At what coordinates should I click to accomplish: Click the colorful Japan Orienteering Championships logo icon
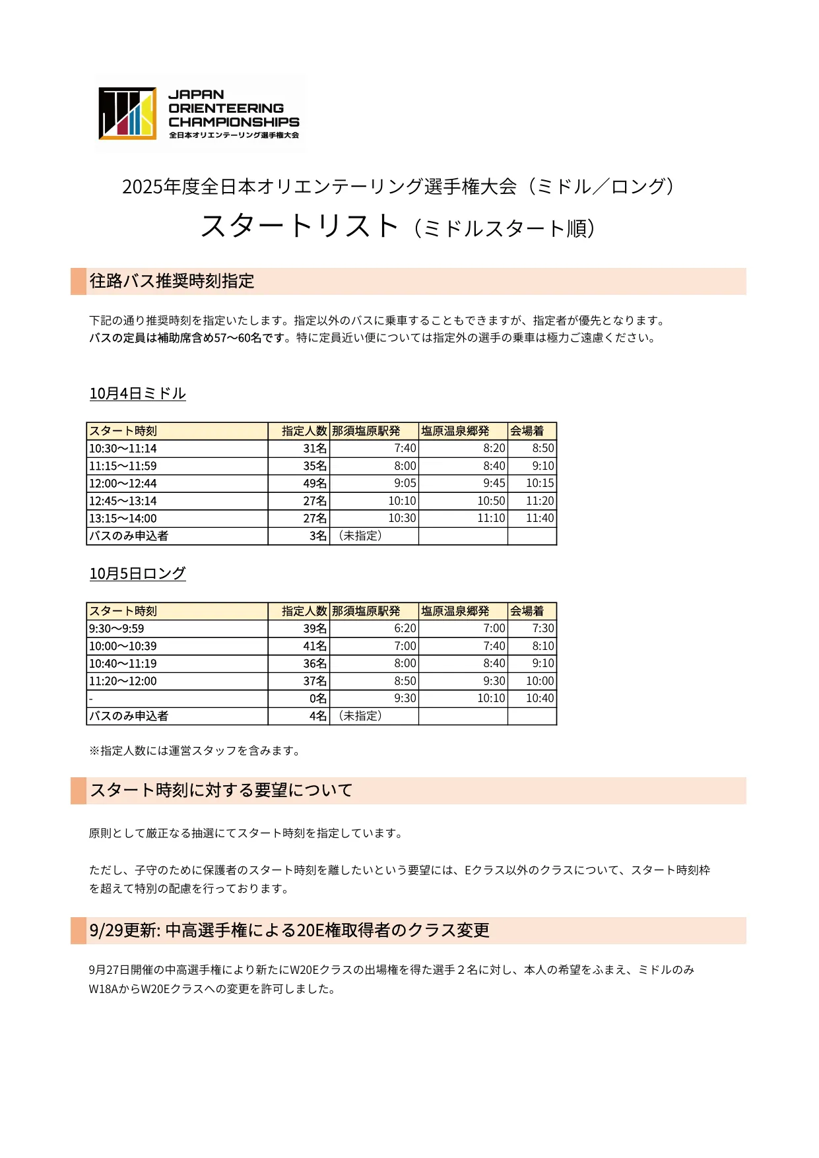point(127,113)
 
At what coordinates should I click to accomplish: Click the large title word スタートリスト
point(300,226)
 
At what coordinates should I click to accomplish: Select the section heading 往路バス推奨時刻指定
point(172,281)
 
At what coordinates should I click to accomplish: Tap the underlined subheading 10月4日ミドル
point(137,394)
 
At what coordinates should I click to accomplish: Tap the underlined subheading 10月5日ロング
point(137,574)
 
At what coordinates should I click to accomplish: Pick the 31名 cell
point(315,449)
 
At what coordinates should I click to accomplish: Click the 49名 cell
point(315,484)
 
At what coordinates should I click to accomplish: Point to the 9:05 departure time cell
point(405,484)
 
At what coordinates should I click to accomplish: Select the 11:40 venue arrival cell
point(540,519)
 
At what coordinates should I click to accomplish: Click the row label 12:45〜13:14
point(123,501)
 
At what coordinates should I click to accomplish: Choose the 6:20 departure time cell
point(405,629)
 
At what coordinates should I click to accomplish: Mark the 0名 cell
point(317,699)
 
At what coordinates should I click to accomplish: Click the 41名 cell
point(315,647)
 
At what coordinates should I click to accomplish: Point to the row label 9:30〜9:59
point(116,629)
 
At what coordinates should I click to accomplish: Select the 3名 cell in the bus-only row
point(317,536)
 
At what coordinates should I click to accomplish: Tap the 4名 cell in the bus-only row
point(317,717)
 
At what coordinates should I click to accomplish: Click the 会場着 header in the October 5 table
point(527,612)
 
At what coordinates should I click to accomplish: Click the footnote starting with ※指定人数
point(195,751)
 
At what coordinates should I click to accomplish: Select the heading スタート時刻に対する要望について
point(221,790)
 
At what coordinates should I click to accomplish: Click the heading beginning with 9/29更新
point(289,930)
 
